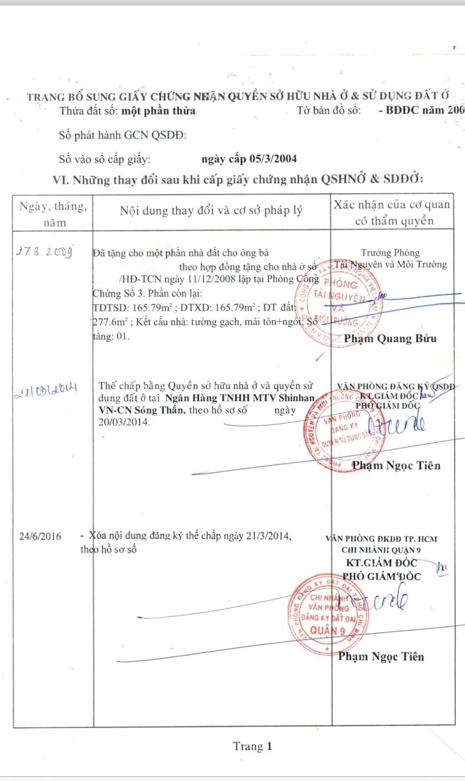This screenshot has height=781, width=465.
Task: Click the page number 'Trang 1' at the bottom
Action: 252,746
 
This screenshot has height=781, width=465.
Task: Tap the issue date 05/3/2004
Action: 249,159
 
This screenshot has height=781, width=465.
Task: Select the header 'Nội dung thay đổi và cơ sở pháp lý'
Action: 211,210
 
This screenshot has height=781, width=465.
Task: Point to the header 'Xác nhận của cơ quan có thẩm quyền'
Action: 392,213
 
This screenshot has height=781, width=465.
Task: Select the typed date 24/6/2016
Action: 40,536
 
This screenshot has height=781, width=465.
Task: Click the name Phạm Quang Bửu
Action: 390,338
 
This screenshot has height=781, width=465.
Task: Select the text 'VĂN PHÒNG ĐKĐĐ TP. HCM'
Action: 381,539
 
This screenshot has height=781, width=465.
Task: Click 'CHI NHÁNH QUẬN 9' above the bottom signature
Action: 381,550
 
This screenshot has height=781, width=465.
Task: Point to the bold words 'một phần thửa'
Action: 158,111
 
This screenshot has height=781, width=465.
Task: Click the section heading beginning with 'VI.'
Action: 237,179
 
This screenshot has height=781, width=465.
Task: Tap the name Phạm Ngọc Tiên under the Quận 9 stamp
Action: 381,656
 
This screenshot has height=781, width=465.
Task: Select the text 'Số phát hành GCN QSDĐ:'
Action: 122,135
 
